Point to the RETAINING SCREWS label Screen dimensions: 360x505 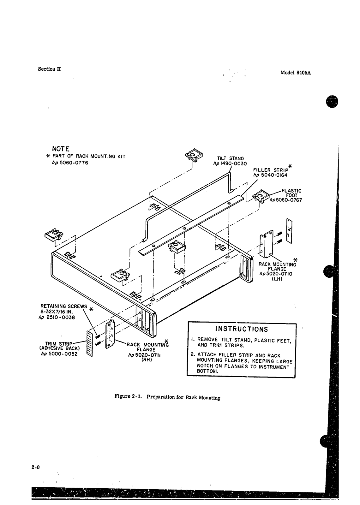click(x=64, y=306)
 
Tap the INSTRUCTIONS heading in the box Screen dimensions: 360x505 click(x=242, y=330)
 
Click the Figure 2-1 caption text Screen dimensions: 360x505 click(x=167, y=397)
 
